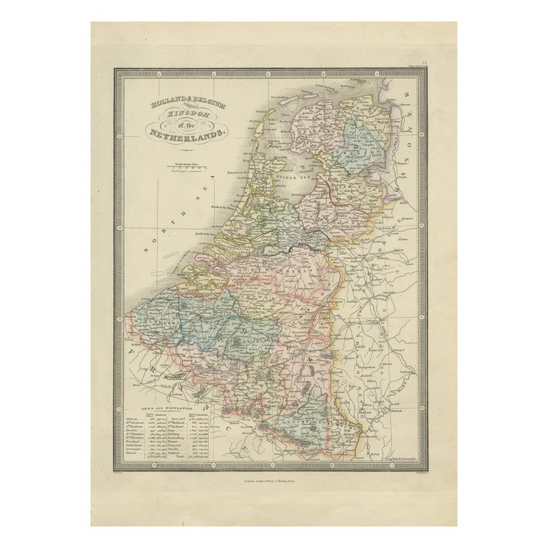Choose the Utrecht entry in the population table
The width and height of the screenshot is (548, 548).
tap(215, 441)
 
